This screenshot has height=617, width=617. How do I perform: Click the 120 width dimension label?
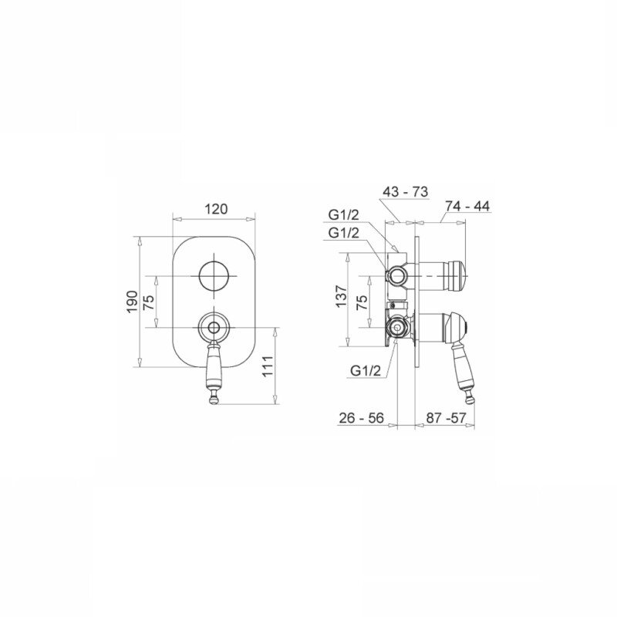(x=216, y=208)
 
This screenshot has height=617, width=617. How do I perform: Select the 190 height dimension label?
(x=133, y=302)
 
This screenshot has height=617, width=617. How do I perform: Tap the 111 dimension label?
(x=268, y=366)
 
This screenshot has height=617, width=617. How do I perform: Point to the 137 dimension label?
(x=341, y=296)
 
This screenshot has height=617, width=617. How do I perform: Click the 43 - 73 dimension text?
(x=405, y=191)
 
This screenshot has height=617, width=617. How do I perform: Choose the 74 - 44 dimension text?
(x=467, y=206)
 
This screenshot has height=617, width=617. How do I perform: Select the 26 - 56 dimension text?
(x=361, y=417)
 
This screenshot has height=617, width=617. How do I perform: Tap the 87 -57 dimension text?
(x=446, y=417)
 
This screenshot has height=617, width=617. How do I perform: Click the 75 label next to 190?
(x=149, y=302)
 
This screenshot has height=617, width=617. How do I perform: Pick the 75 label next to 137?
(x=362, y=302)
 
